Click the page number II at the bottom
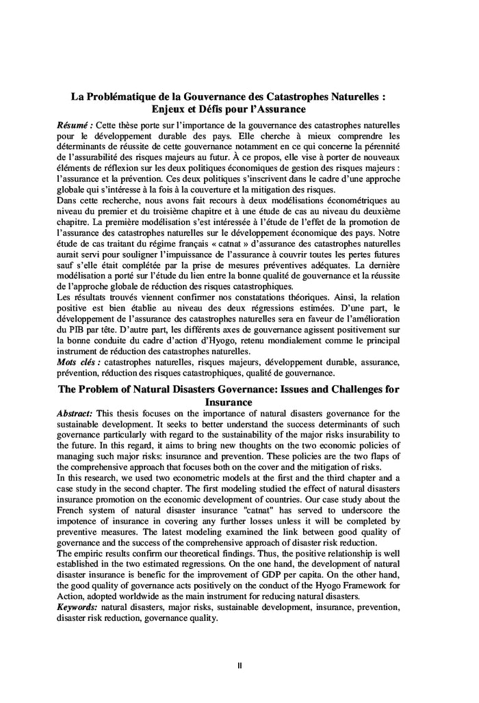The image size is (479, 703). (239, 664)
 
